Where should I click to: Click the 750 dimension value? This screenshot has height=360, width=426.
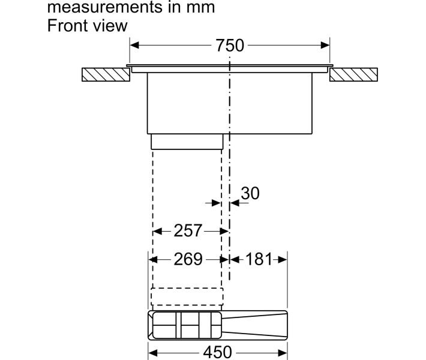230,46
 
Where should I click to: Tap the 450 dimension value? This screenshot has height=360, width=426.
217,352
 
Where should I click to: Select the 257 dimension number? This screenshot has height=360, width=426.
188,230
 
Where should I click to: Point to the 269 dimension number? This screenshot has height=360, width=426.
188,259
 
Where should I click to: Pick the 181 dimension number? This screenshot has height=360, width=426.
259,259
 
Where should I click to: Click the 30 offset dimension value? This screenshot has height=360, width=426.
250,193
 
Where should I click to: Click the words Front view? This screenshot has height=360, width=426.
87,26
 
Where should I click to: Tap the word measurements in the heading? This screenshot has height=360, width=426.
105,7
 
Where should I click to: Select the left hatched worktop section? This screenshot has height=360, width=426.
106,74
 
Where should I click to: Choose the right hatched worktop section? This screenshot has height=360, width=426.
353,74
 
